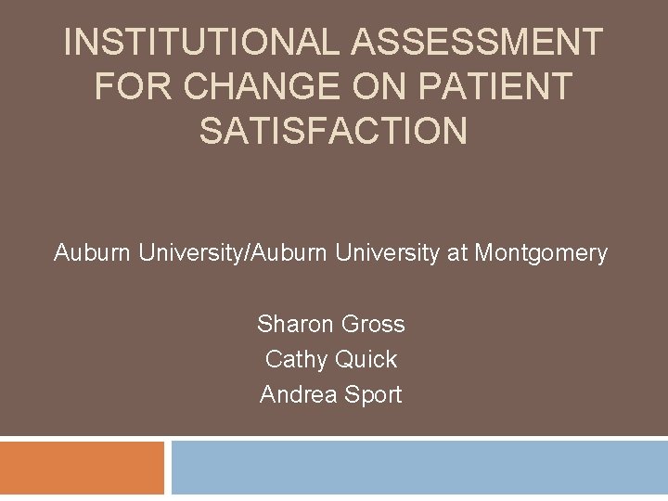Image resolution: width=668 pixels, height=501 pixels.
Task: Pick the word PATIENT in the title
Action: [494, 87]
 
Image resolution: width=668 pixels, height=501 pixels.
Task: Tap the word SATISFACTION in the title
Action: [333, 131]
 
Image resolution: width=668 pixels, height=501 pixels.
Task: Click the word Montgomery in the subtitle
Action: [541, 252]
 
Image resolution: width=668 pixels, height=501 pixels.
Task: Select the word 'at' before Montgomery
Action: [457, 252]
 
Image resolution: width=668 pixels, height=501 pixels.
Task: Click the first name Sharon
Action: [296, 324]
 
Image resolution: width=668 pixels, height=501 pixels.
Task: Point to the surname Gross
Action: [373, 324]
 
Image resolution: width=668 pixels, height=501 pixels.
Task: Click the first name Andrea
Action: [299, 394]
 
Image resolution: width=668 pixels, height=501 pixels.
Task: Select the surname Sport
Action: [373, 394]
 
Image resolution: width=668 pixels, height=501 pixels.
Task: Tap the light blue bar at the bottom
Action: [419, 468]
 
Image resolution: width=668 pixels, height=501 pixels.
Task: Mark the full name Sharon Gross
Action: [331, 324]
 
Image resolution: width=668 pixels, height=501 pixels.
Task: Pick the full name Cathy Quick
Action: [331, 359]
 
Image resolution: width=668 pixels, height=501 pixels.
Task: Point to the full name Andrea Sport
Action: [331, 394]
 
